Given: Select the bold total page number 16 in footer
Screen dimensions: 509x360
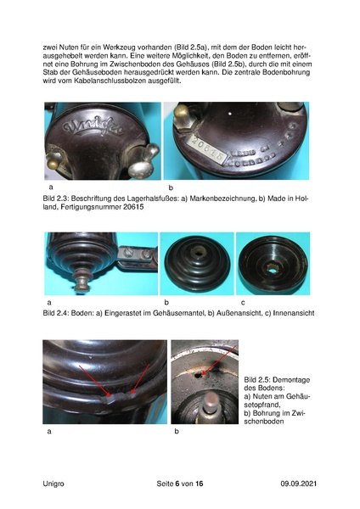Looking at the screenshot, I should pyautogui.click(x=200, y=483).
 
